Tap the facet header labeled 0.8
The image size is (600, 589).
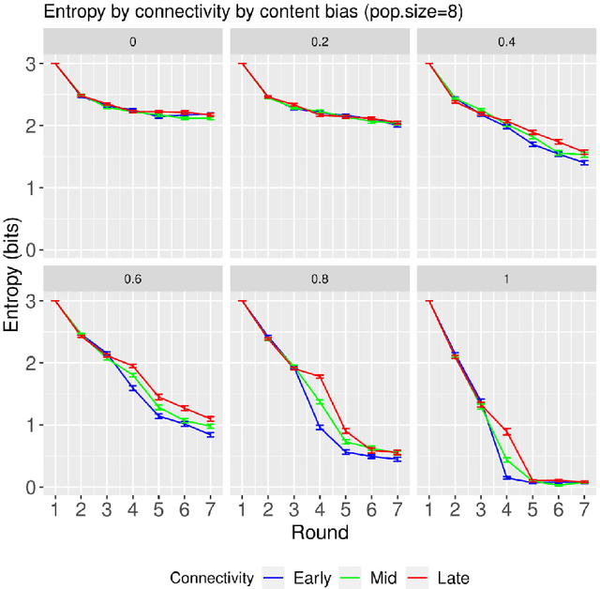pos(320,279)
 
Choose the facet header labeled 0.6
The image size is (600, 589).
pos(132,279)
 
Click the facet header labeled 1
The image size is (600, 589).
pos(506,279)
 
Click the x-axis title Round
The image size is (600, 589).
pos(320,533)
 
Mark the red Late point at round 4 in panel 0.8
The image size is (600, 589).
pos(320,377)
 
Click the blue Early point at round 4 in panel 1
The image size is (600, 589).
pos(506,477)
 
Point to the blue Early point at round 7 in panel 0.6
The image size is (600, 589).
pos(210,435)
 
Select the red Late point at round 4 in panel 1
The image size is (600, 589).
pos(506,431)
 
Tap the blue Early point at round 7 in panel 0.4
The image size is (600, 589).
pos(584,162)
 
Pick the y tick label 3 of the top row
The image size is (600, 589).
pos(31,64)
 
